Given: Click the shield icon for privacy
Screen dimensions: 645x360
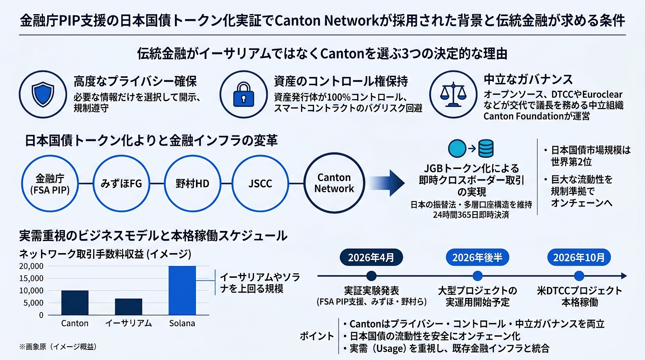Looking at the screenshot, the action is pos(43,94).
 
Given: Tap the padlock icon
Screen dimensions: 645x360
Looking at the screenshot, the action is pos(243,95).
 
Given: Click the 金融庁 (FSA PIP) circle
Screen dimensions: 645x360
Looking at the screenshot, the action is pos(50,183).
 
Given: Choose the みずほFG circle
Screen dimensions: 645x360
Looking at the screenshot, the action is pos(121,183).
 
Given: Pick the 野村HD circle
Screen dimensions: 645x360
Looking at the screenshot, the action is pos(192,183).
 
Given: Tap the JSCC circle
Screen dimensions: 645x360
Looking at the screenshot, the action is pos(260,183).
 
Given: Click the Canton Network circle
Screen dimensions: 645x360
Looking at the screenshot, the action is pos(334,183).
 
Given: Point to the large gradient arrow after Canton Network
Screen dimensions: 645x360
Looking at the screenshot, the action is pos(387,183).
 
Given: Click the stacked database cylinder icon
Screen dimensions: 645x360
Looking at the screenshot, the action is pos(486,149).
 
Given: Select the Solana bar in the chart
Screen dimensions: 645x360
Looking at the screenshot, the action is pos(182,290).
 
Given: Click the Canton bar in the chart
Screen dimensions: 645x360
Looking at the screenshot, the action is pos(75,303).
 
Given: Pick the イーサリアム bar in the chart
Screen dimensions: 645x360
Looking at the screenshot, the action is pos(129,307).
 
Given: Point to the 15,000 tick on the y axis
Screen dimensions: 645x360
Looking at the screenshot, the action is pos(31,278).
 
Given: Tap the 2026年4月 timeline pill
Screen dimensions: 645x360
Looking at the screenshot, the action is pos(371,257).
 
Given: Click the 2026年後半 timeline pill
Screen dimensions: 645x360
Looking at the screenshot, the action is pos(477,257).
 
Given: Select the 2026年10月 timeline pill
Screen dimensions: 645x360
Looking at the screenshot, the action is pos(579,257).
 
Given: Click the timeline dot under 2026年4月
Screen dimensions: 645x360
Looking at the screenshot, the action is pos(371,276).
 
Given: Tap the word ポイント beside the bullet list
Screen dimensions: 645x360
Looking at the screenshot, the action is pos(317,336).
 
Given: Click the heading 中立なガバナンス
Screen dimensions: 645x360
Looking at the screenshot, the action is pos(528,79).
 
